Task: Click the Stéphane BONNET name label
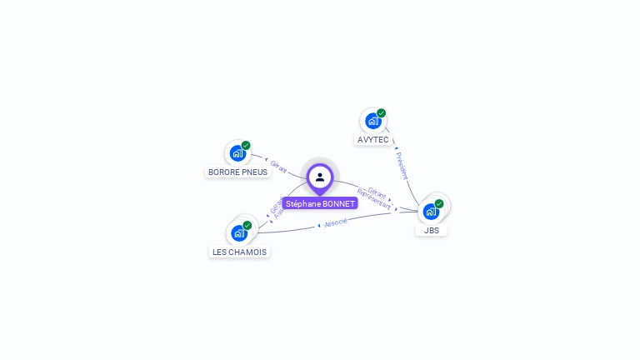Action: click(320, 203)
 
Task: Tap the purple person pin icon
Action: click(320, 177)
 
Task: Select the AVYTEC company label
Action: click(372, 139)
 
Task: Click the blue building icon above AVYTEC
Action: click(372, 121)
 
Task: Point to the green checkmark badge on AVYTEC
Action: click(381, 113)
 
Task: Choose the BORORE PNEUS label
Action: click(238, 172)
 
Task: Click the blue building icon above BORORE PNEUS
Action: click(237, 153)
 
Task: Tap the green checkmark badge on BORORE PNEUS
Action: click(246, 145)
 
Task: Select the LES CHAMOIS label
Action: click(239, 252)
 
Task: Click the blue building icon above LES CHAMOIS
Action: click(238, 232)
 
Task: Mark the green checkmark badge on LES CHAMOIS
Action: click(247, 225)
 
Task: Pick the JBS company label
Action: click(431, 230)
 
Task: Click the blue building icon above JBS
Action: click(430, 211)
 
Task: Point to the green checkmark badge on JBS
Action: click(439, 203)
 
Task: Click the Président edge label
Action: click(402, 165)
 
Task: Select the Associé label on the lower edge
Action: click(336, 222)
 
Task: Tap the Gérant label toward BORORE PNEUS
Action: click(278, 167)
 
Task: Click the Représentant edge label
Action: click(373, 199)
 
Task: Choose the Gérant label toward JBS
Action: click(377, 192)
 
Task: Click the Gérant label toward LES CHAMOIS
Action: click(275, 203)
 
